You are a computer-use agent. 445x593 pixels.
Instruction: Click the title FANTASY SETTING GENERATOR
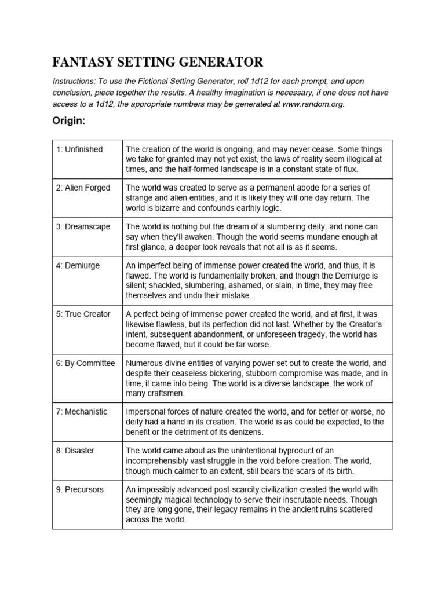click(x=158, y=62)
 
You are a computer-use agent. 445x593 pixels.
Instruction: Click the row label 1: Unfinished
click(x=79, y=149)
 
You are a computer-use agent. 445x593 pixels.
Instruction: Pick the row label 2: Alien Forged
click(x=83, y=188)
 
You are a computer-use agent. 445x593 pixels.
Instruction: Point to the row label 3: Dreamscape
click(x=83, y=226)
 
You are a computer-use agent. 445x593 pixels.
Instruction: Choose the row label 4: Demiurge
click(x=78, y=265)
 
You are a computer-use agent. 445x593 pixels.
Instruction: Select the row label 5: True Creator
click(x=83, y=314)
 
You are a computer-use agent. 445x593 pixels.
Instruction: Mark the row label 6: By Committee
click(x=86, y=363)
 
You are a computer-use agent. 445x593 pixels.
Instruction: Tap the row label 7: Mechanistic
click(x=82, y=412)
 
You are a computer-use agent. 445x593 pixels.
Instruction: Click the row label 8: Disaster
click(x=75, y=450)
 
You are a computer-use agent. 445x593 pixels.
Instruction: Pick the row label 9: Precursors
click(x=80, y=489)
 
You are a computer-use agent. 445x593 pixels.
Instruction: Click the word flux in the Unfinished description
click(x=349, y=169)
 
